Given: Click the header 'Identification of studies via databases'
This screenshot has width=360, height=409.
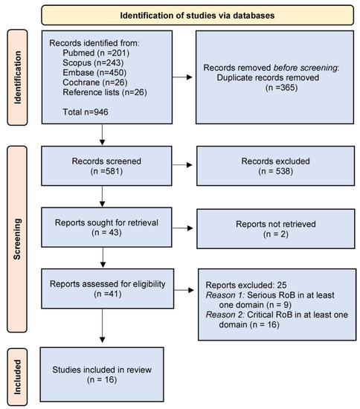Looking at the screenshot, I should click(197, 13).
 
